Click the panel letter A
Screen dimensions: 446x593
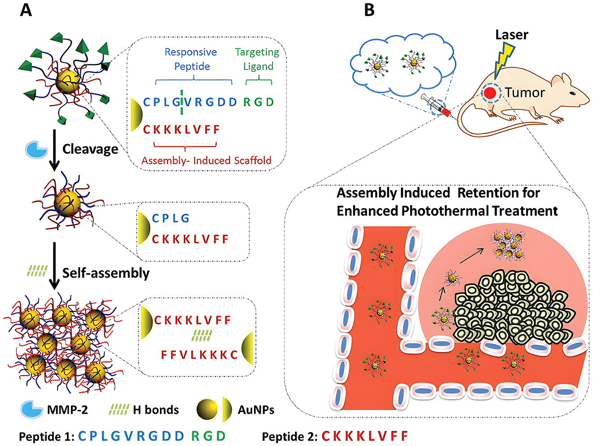click(x=26, y=9)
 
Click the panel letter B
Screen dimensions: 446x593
click(x=369, y=9)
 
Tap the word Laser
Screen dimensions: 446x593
click(x=511, y=35)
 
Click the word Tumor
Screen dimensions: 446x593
click(x=524, y=93)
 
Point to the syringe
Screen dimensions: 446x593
click(x=436, y=106)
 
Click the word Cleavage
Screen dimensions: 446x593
click(x=90, y=149)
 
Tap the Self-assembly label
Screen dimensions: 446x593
click(x=106, y=273)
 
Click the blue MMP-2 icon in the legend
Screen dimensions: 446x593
click(x=31, y=409)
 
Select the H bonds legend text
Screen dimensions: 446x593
click(x=156, y=410)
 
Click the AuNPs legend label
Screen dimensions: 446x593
click(x=256, y=410)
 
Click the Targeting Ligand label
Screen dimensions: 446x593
click(x=257, y=59)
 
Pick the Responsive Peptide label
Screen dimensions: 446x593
click(x=191, y=59)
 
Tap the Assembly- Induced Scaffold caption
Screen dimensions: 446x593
click(x=206, y=161)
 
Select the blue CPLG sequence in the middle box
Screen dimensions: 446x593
click(x=171, y=219)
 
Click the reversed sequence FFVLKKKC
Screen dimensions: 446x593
click(x=199, y=355)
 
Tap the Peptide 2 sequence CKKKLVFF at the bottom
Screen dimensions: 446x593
click(x=365, y=436)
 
